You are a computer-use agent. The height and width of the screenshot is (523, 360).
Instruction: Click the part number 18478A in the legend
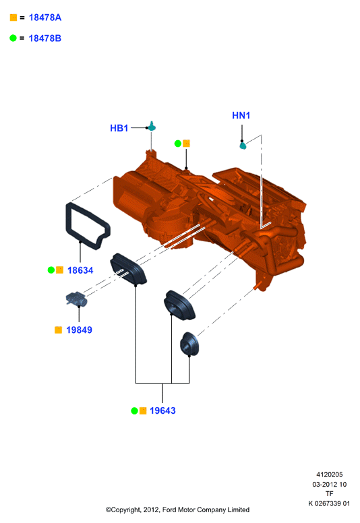[x=45, y=18]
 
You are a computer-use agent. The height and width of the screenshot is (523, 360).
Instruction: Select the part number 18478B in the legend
[x=45, y=38]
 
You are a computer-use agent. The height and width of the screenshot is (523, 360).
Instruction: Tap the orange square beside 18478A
[x=13, y=18]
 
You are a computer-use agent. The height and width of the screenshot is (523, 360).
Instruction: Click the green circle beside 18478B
[x=13, y=38]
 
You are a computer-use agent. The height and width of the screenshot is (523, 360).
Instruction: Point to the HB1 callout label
[x=119, y=128]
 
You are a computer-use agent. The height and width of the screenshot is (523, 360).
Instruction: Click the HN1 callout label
[x=241, y=115]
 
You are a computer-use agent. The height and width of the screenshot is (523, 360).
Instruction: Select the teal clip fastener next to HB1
[x=152, y=127]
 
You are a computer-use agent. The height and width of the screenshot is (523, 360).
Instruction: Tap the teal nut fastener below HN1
[x=243, y=145]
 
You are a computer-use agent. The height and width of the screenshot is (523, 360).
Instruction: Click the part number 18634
[x=80, y=270]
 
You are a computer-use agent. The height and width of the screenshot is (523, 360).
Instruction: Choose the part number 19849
[x=79, y=330]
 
